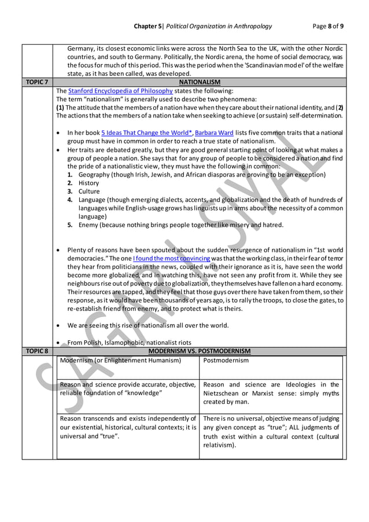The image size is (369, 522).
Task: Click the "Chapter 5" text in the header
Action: [149, 26]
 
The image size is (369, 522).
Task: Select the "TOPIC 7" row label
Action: [38, 83]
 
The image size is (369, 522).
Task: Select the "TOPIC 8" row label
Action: [38, 351]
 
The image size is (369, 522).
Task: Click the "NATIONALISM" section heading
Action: [200, 83]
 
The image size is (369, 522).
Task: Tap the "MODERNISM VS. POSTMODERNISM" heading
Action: [200, 351]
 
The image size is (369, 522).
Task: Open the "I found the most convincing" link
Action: [170, 258]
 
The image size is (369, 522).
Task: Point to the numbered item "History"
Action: [88, 183]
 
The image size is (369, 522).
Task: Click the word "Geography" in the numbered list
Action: [96, 174]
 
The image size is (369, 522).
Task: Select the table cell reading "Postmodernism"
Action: [226, 360]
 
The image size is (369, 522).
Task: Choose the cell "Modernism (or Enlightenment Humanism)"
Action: [120, 360]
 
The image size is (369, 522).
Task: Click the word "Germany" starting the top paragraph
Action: [80, 49]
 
